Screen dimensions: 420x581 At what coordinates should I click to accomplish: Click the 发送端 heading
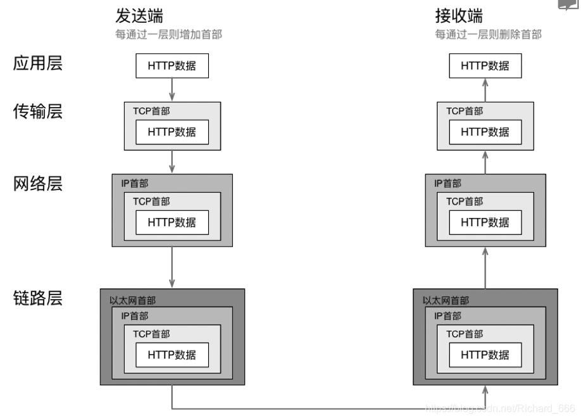pos(143,16)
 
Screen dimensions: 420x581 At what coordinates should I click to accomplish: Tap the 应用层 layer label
pos(38,64)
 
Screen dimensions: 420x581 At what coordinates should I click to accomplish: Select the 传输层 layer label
pos(38,112)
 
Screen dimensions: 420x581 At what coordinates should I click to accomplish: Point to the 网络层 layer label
pos(38,184)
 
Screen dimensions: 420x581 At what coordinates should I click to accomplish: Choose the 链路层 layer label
pos(38,298)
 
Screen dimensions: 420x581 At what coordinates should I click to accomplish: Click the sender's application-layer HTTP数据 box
pos(172,66)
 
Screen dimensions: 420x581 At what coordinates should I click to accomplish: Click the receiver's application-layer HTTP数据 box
pos(485,66)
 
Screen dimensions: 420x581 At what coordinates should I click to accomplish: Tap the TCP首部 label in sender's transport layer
pos(151,111)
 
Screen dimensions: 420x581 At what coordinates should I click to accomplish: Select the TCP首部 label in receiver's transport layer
pos(465,111)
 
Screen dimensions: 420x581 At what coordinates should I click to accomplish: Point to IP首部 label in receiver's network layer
pos(448,183)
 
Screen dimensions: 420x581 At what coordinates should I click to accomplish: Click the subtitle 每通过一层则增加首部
pos(169,34)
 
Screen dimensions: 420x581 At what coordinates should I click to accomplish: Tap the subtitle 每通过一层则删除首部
pos(488,34)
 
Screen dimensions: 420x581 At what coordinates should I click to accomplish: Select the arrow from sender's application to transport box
pos(172,89)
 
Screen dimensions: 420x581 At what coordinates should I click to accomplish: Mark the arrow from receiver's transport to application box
pos(485,90)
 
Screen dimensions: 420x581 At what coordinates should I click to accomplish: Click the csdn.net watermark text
pos(500,407)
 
